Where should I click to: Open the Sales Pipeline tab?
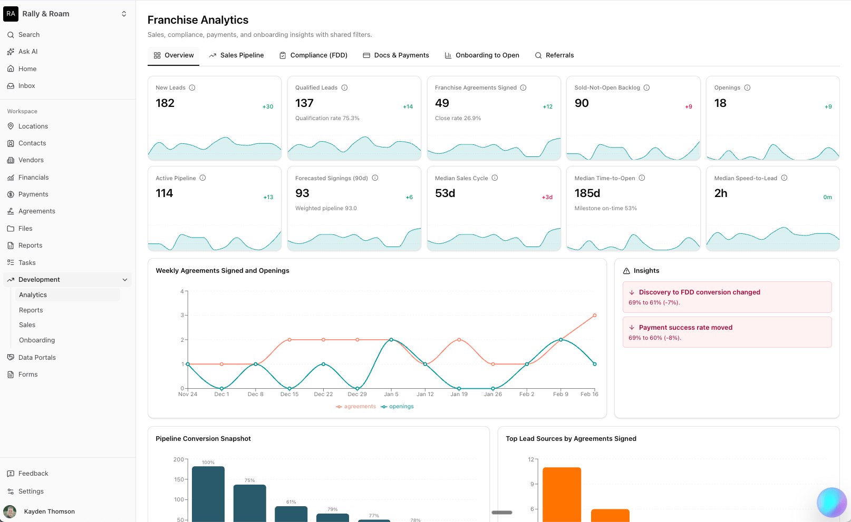pyautogui.click(x=236, y=55)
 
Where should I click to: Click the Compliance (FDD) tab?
pyautogui.click(x=313, y=55)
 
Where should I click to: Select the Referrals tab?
pyautogui.click(x=554, y=55)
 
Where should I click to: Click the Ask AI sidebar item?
pyautogui.click(x=28, y=52)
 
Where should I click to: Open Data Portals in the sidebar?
pyautogui.click(x=37, y=358)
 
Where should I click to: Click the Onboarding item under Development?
pyautogui.click(x=37, y=340)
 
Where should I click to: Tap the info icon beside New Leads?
pyautogui.click(x=192, y=88)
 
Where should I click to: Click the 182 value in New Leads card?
pyautogui.click(x=165, y=103)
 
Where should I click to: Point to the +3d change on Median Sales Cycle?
pyautogui.click(x=547, y=198)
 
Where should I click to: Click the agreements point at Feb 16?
pyautogui.click(x=595, y=316)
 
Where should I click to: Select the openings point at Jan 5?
pyautogui.click(x=391, y=340)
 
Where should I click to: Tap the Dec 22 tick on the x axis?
pyautogui.click(x=323, y=394)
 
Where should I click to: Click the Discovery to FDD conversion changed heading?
pyautogui.click(x=699, y=292)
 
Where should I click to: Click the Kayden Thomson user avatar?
pyautogui.click(x=9, y=511)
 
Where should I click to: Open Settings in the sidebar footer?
pyautogui.click(x=31, y=491)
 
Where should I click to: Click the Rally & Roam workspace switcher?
pyautogui.click(x=67, y=14)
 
